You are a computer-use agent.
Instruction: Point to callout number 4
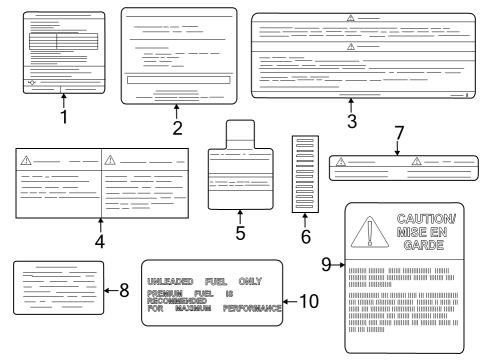tap(100, 242)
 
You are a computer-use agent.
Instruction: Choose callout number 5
tap(240, 231)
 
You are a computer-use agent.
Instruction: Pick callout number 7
tap(397, 133)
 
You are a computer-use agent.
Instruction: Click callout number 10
tap(310, 300)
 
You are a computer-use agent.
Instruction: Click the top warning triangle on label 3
tap(350, 19)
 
